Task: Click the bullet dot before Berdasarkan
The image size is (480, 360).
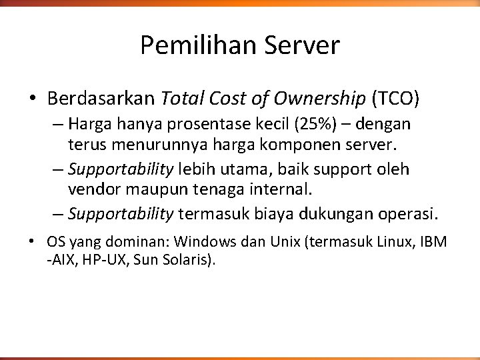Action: (x=32, y=100)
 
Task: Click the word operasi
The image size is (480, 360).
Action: (x=408, y=215)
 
